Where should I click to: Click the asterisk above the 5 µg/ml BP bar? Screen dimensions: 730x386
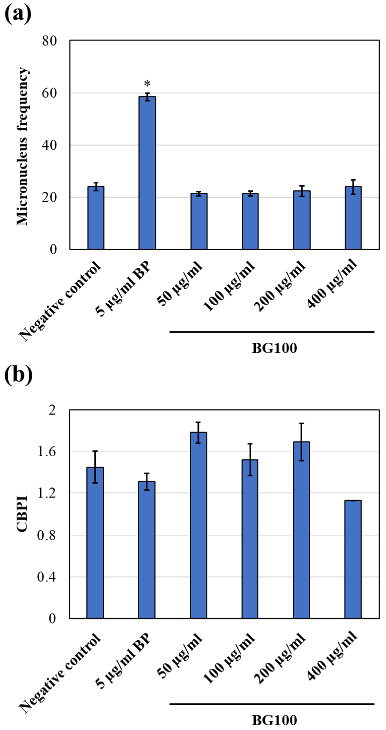(147, 84)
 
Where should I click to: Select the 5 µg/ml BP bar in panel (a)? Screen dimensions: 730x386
(147, 173)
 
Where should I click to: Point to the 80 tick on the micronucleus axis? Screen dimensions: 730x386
(49, 41)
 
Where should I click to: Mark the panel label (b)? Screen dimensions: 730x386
(18, 376)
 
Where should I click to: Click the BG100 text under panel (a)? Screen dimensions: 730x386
(274, 348)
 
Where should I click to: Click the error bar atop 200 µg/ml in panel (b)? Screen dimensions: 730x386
(302, 442)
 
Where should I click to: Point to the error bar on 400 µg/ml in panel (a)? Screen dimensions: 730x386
(353, 187)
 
